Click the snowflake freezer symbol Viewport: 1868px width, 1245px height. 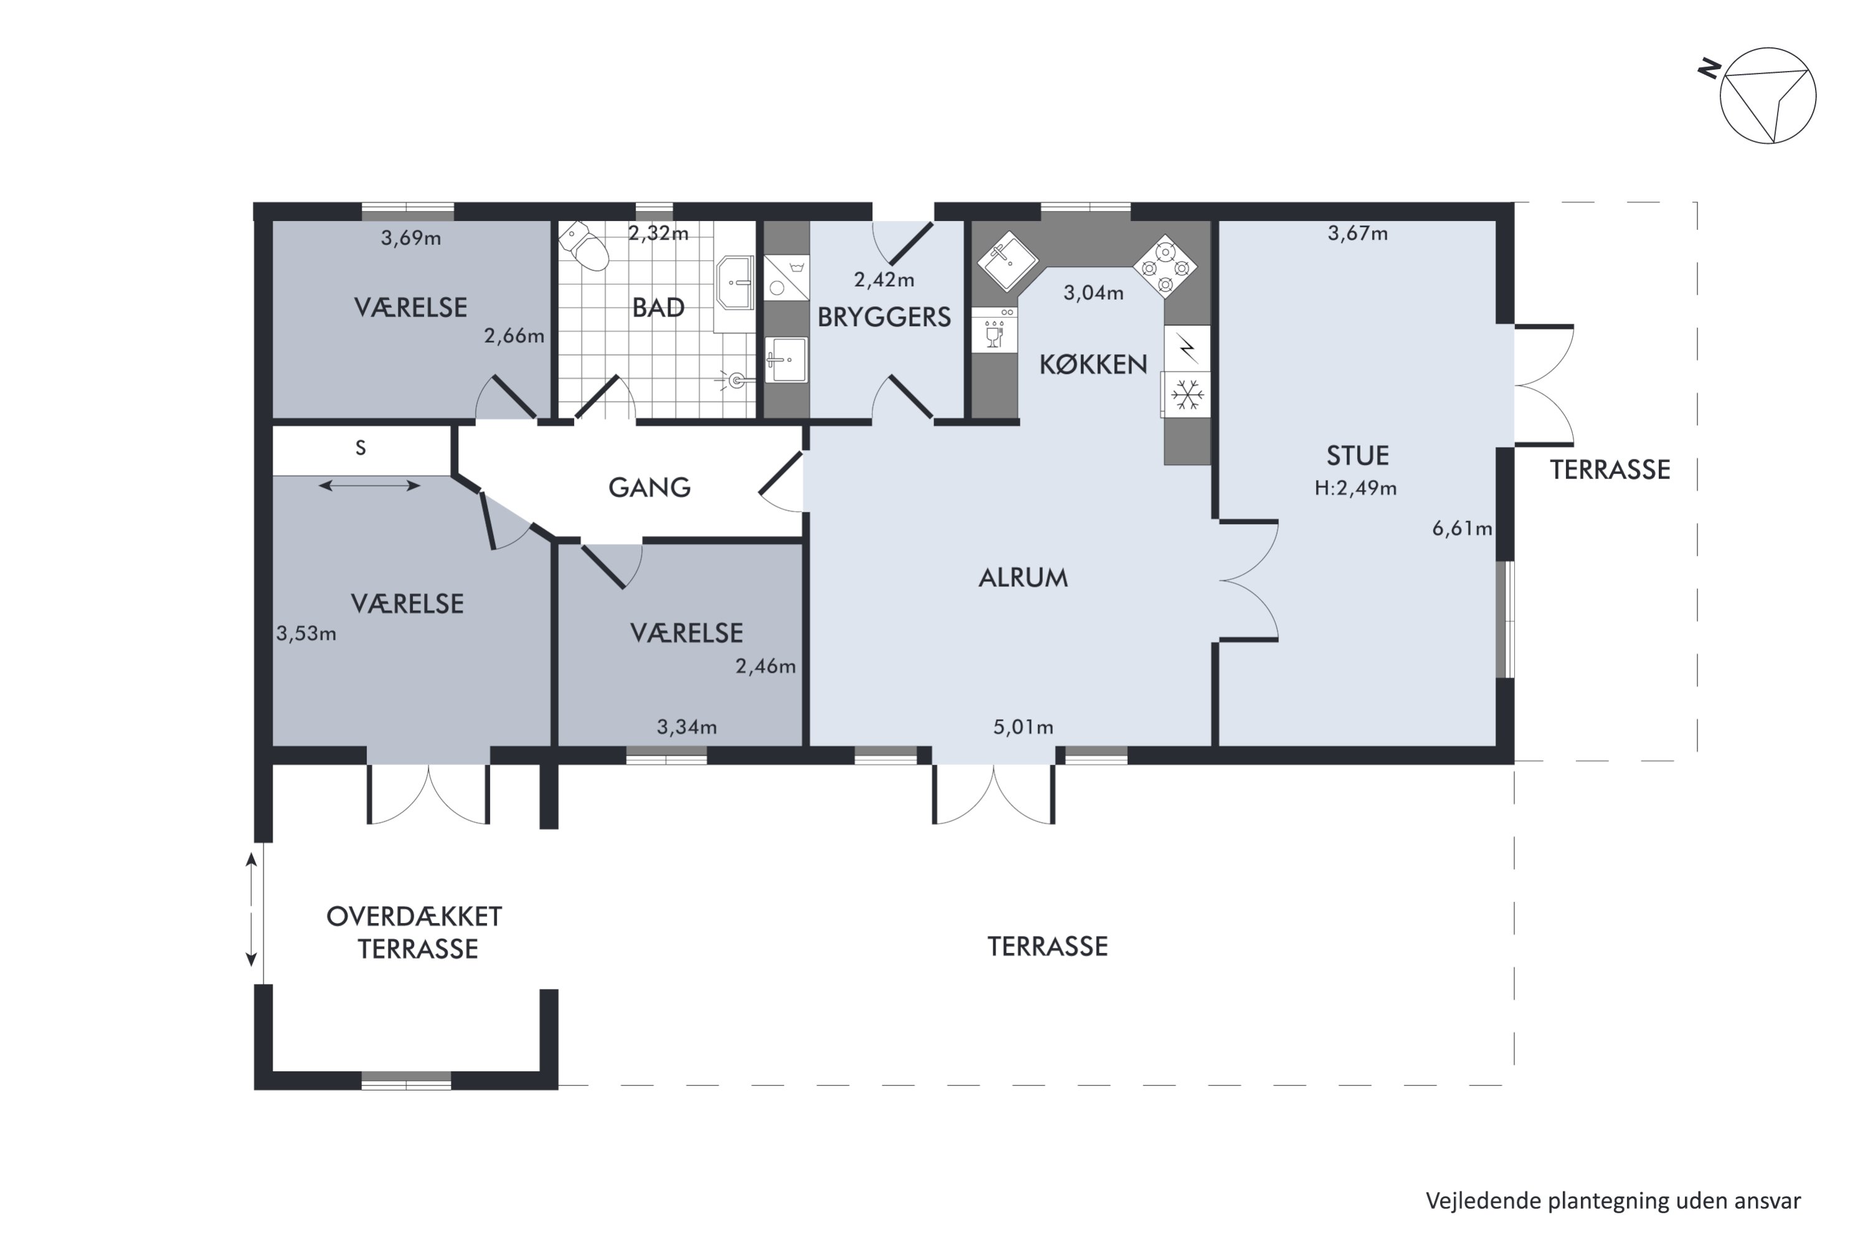(x=1187, y=395)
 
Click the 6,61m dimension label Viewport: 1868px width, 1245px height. (x=1461, y=529)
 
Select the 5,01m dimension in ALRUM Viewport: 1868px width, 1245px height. (x=1023, y=727)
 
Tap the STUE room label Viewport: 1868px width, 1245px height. (x=1357, y=456)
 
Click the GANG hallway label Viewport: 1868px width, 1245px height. (x=649, y=487)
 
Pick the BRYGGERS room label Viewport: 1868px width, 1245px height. (x=884, y=317)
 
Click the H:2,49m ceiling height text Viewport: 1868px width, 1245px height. (x=1355, y=488)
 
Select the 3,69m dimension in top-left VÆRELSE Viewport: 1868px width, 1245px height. (x=410, y=238)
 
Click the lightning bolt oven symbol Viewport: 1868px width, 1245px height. (x=1187, y=347)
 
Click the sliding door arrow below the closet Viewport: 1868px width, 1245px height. (x=369, y=485)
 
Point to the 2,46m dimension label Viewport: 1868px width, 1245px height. (x=765, y=666)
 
